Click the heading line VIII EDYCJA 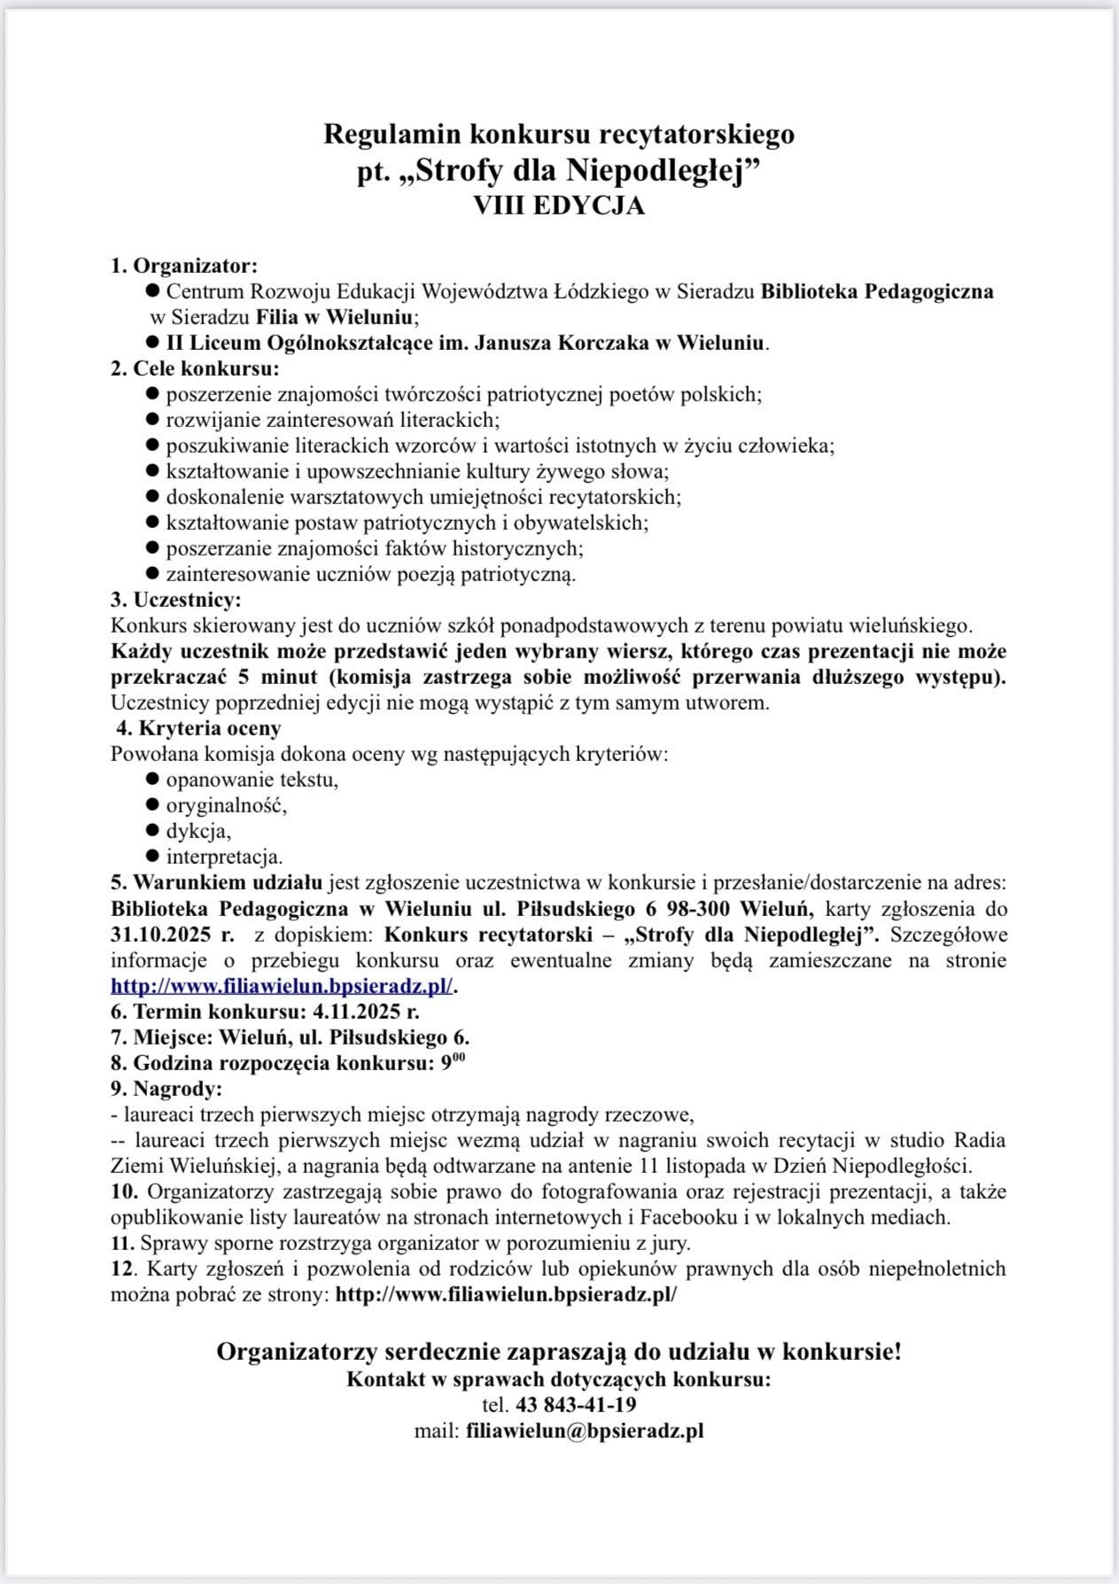point(559,206)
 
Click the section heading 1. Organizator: point(183,265)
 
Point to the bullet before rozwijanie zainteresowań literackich point(152,418)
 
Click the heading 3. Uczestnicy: point(175,600)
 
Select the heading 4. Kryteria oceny point(199,728)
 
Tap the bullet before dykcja point(152,831)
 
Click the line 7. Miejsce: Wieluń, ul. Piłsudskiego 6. point(290,1037)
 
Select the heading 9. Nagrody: point(167,1088)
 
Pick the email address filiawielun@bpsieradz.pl point(585,1430)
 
